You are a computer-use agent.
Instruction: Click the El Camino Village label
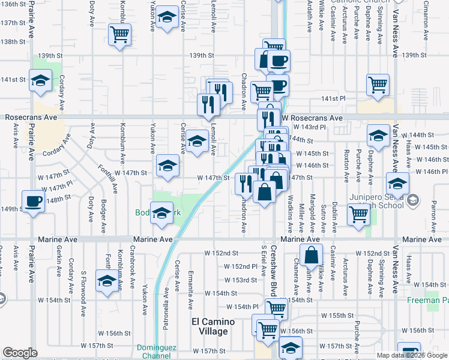(x=209, y=326)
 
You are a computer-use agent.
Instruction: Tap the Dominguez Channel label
(x=154, y=351)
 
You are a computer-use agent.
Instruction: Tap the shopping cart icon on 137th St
(x=120, y=34)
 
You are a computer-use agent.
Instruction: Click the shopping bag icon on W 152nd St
(x=312, y=255)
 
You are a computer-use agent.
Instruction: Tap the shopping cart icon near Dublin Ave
(x=358, y=214)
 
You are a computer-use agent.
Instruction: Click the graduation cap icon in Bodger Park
(x=161, y=213)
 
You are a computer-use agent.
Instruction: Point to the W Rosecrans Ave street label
(x=312, y=118)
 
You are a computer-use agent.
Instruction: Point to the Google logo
(x=20, y=353)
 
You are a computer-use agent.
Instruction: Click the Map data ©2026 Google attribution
(x=412, y=355)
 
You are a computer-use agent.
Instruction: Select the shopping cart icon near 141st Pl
(x=378, y=85)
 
